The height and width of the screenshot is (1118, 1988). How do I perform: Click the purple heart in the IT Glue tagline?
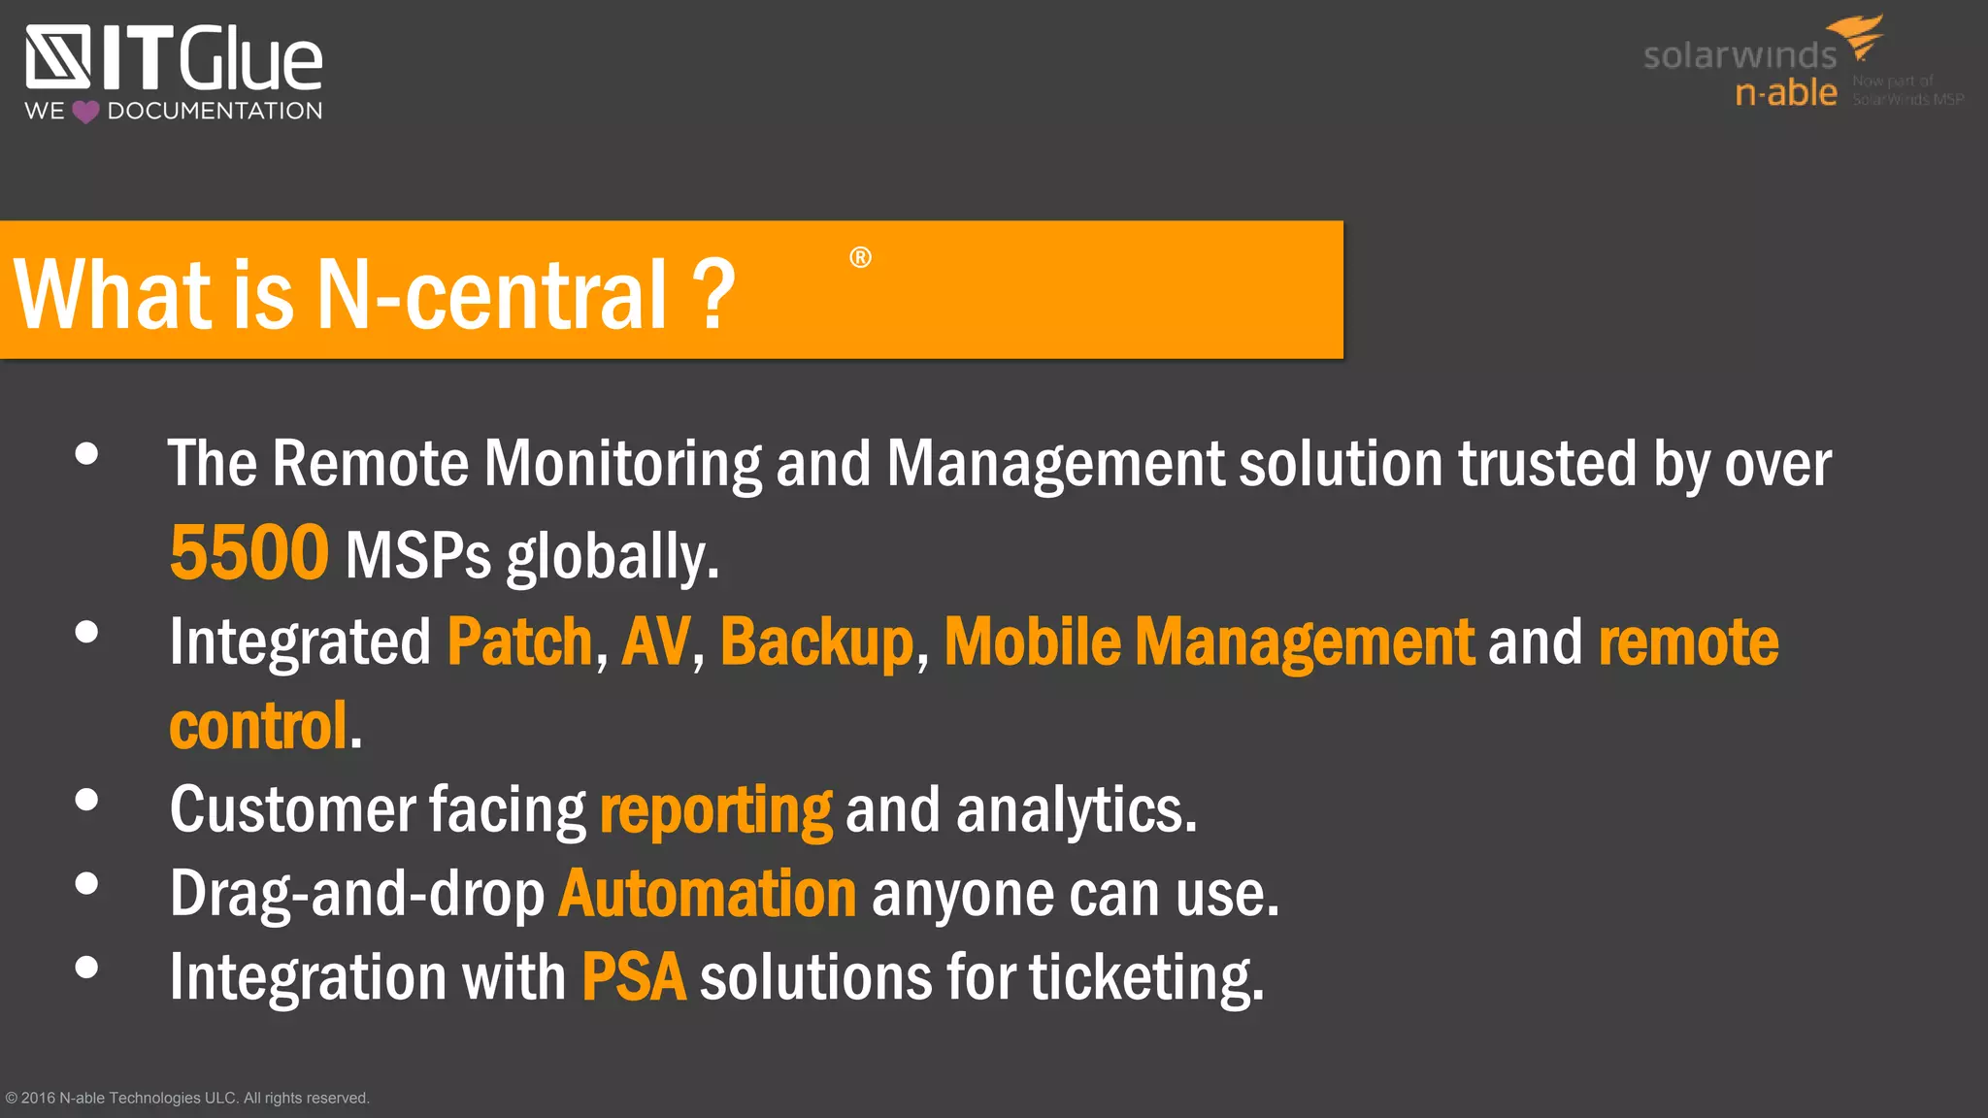(85, 112)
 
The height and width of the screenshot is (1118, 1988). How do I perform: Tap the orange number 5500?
(249, 553)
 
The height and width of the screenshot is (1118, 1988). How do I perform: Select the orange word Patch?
(519, 642)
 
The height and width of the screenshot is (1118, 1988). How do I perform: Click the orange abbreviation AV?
(655, 642)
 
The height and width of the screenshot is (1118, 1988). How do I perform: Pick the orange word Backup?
(816, 642)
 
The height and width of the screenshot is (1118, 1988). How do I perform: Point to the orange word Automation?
(707, 894)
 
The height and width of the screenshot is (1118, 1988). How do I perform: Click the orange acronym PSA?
(633, 977)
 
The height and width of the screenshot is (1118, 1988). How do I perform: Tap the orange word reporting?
(715, 810)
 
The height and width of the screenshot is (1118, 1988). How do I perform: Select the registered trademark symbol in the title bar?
(860, 257)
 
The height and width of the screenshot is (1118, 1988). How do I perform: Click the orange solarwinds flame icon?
(1858, 37)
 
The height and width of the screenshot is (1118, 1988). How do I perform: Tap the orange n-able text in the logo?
(1786, 93)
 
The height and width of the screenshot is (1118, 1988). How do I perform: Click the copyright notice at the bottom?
(187, 1098)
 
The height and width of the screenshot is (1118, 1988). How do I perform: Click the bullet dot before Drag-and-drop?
(86, 883)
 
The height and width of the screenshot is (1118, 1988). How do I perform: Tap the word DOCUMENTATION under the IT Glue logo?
(215, 111)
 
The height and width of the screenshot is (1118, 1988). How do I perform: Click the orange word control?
(258, 726)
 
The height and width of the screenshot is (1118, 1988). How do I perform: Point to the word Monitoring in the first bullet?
(622, 463)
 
